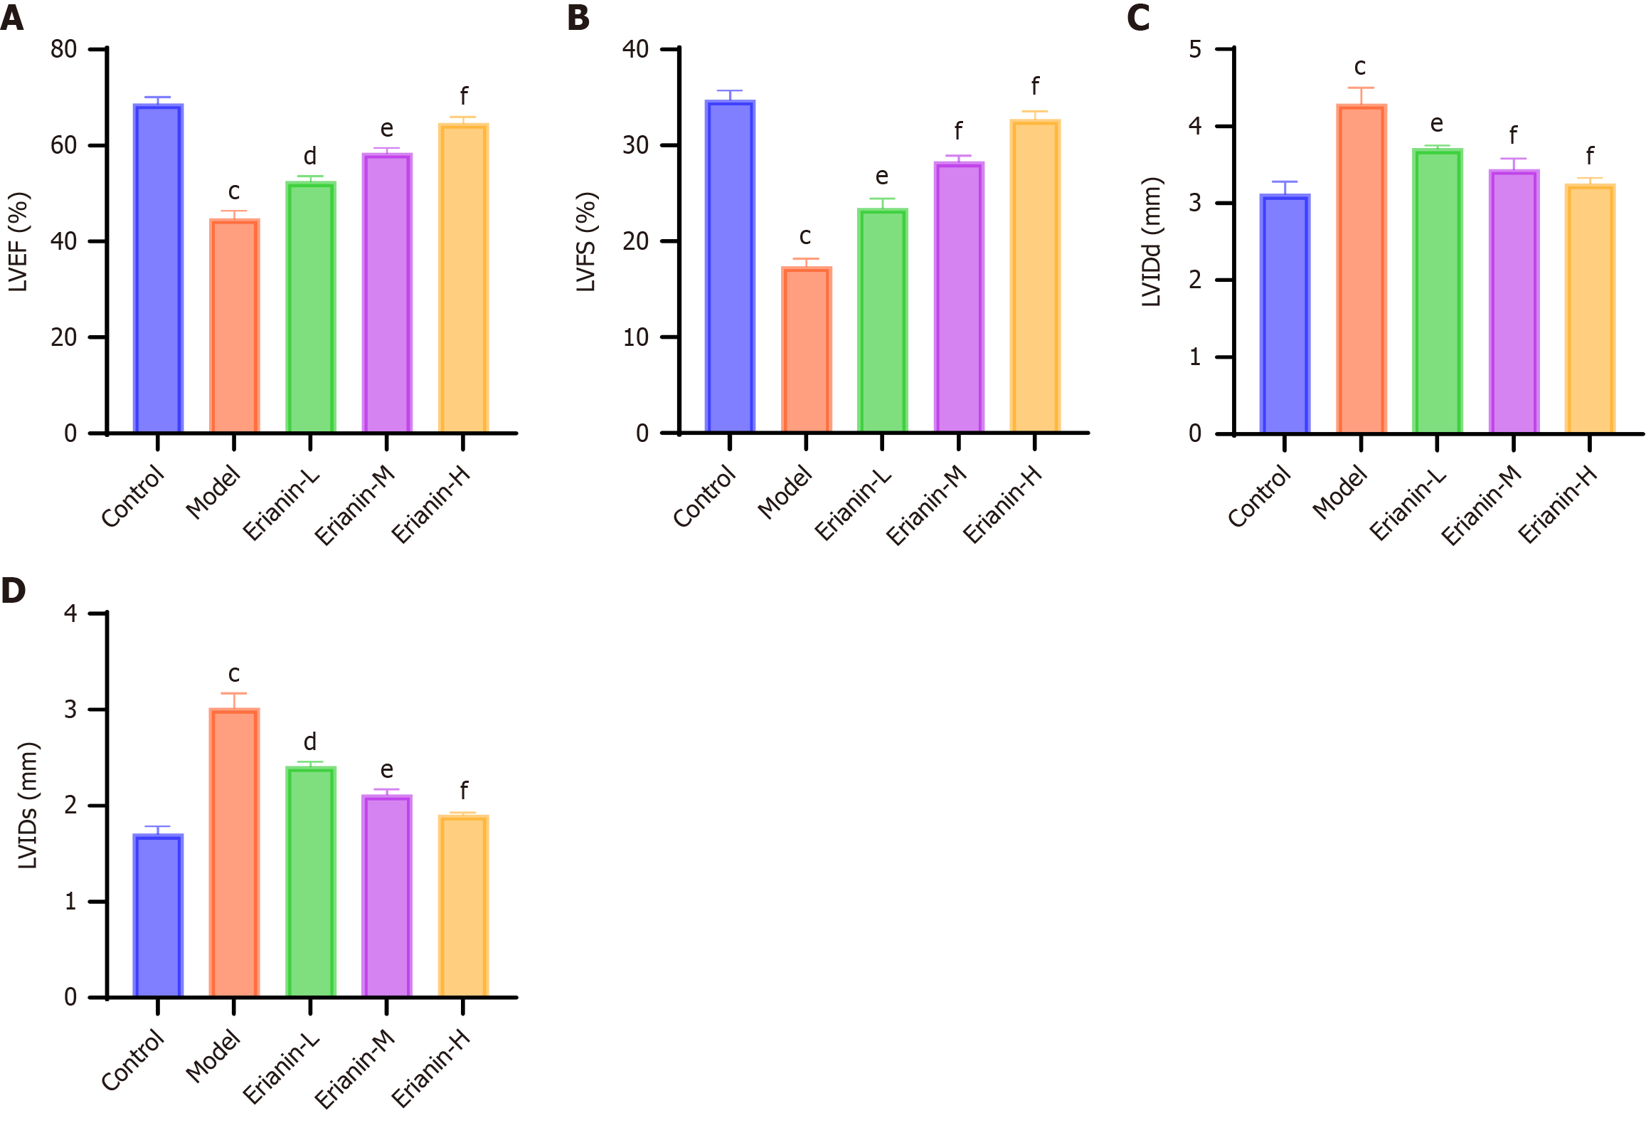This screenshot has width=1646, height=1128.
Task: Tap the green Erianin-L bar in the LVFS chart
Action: tap(882, 320)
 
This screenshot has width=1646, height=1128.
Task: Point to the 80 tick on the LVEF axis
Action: tap(64, 49)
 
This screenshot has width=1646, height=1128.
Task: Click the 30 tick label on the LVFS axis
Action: tap(635, 145)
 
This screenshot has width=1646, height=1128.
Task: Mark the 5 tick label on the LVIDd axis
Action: tap(1195, 49)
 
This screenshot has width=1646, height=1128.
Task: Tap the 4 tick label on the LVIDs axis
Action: tap(70, 613)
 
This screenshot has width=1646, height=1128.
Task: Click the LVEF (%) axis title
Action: tap(18, 242)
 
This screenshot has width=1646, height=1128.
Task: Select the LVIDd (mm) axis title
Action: tap(1151, 242)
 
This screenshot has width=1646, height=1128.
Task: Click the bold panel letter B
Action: tap(578, 17)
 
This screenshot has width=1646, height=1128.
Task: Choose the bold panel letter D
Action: tap(13, 590)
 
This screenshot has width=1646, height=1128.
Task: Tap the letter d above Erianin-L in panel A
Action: tap(310, 156)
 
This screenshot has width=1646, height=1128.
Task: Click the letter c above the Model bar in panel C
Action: tap(1360, 67)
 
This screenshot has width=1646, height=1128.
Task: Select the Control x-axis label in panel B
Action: tap(705, 496)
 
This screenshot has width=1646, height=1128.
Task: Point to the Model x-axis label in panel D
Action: tap(213, 1056)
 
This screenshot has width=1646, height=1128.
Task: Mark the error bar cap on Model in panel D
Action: tap(234, 693)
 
